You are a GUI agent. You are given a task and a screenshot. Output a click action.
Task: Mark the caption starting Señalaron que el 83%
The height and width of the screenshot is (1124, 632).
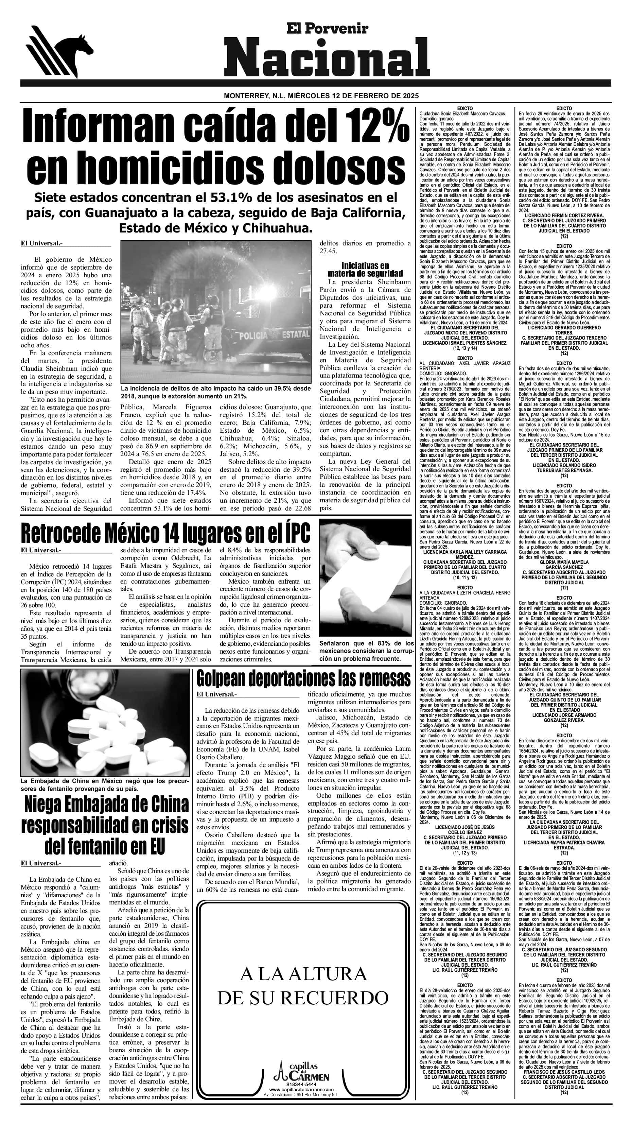[366, 651]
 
